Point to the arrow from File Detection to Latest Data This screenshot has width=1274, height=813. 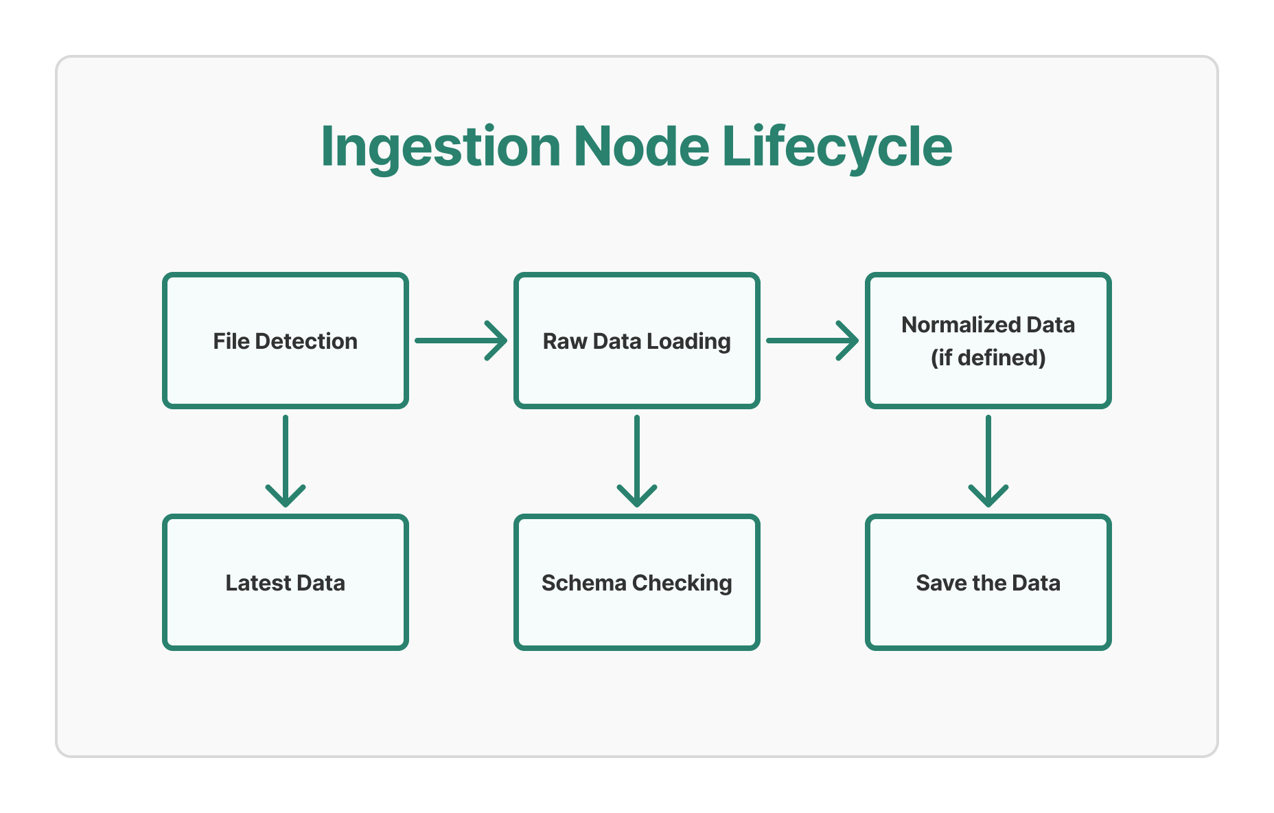click(286, 460)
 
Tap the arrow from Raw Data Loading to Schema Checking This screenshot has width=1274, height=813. click(637, 460)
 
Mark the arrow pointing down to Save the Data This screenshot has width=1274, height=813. click(988, 460)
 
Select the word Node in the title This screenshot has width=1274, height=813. click(641, 146)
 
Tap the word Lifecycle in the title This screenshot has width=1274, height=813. click(837, 148)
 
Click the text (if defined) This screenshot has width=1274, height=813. click(988, 358)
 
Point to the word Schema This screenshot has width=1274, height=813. click(583, 583)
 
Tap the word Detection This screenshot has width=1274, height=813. click(306, 341)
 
